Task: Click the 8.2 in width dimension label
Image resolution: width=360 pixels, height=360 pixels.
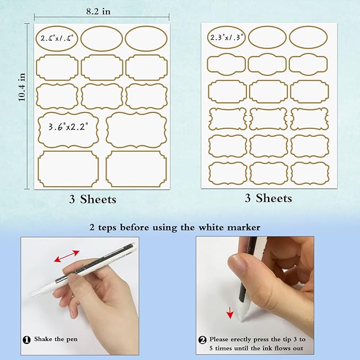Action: tap(98, 11)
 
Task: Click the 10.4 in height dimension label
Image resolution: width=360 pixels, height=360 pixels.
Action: tap(22, 87)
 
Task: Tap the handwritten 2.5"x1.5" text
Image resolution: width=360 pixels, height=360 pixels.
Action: tap(57, 38)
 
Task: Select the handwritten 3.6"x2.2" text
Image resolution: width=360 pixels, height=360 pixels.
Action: tap(68, 127)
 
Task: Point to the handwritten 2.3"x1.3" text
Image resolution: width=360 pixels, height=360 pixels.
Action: tap(226, 37)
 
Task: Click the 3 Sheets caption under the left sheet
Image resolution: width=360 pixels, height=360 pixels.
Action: tap(93, 199)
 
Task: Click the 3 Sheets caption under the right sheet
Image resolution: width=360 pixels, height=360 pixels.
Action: tap(268, 198)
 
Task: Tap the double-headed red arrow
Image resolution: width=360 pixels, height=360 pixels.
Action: tap(67, 256)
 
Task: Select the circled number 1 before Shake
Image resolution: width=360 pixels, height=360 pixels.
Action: tap(27, 340)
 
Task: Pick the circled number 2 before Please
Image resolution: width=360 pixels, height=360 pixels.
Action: tap(203, 340)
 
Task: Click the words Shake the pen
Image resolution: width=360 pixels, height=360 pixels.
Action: tap(56, 339)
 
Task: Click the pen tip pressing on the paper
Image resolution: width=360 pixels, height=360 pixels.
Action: tap(242, 319)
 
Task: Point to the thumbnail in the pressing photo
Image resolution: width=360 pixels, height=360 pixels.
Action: tap(237, 265)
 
